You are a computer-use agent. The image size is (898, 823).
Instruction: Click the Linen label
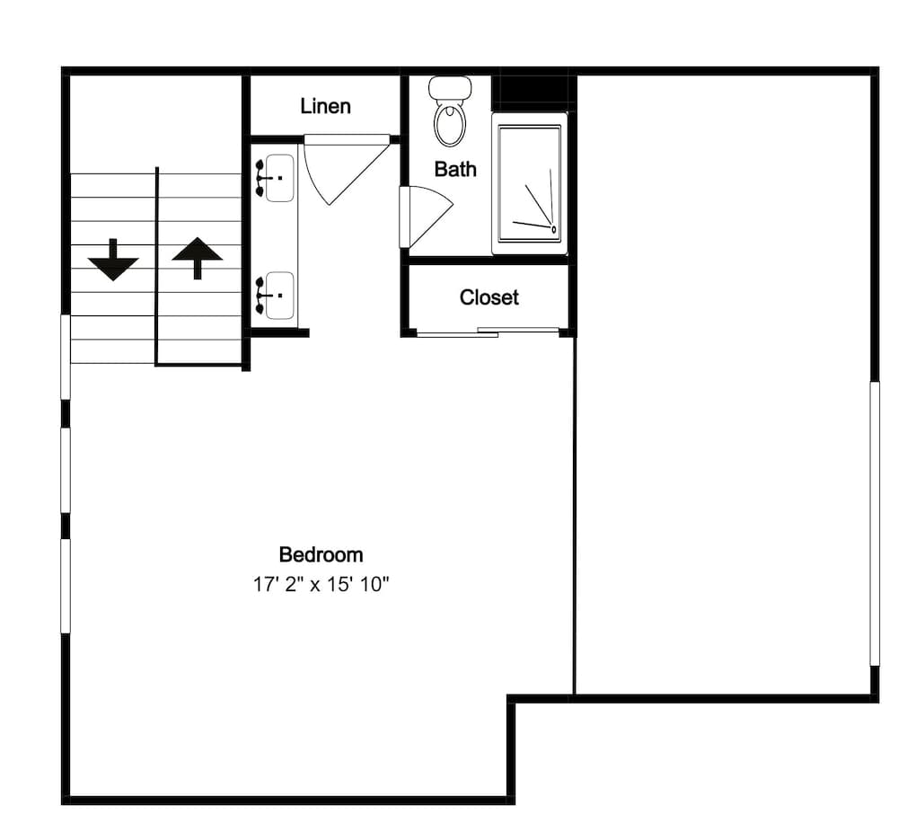click(325, 106)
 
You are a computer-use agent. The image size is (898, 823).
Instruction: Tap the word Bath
click(455, 169)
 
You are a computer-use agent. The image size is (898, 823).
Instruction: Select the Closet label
click(489, 296)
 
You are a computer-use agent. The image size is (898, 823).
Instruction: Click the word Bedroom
click(321, 554)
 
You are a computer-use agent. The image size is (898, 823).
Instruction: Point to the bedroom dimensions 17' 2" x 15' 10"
click(321, 585)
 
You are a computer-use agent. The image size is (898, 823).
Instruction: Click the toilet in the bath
click(450, 111)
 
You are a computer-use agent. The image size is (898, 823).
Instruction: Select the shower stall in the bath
click(530, 183)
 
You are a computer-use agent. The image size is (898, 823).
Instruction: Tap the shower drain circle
click(554, 229)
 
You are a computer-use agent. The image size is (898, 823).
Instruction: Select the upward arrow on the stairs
click(197, 258)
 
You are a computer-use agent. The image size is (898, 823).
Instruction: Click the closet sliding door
click(488, 332)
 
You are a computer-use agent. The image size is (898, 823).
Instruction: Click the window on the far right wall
click(875, 524)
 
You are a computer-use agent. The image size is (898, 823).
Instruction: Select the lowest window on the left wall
click(66, 586)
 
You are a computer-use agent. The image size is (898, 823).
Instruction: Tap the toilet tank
click(450, 88)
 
